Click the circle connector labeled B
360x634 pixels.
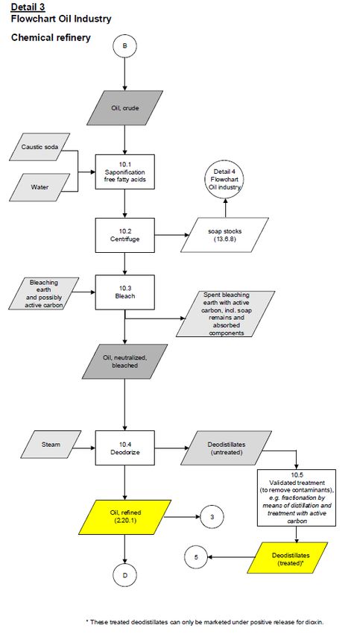[x=124, y=45]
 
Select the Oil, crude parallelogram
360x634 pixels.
[x=125, y=108]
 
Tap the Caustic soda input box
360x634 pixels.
[x=40, y=147]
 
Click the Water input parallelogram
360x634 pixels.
[x=40, y=187]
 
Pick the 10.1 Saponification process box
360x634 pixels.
[x=125, y=172]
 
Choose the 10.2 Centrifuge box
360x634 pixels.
[x=125, y=235]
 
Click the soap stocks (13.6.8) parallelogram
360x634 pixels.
[x=224, y=235]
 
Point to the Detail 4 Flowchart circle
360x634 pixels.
[x=225, y=180]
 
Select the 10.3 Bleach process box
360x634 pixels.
[x=125, y=292]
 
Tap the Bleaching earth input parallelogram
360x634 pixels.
[x=44, y=294]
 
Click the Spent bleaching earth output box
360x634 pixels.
[x=225, y=314]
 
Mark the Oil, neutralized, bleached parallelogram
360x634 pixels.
[x=125, y=362]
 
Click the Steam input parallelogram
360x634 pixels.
[x=51, y=445]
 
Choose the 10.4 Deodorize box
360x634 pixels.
[x=125, y=448]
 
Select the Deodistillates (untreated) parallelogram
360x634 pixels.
[x=227, y=448]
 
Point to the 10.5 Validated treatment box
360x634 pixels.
[x=297, y=498]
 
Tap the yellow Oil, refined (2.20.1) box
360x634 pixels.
[x=125, y=517]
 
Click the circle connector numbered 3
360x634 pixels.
[x=212, y=517]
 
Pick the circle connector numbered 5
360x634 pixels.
[x=196, y=556]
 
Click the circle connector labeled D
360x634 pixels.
[x=124, y=574]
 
